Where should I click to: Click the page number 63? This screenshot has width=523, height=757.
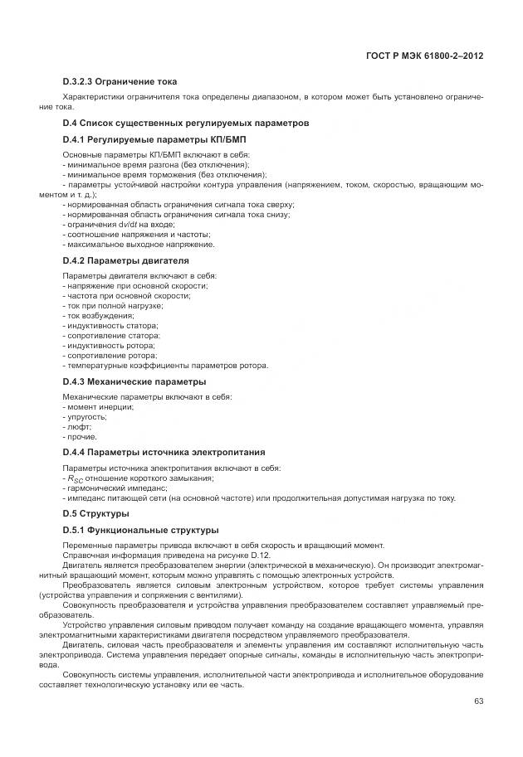(478, 701)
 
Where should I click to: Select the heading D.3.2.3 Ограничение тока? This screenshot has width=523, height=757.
(120, 82)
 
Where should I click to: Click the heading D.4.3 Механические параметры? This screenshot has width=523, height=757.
(134, 381)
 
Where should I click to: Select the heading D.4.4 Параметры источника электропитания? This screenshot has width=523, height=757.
(164, 452)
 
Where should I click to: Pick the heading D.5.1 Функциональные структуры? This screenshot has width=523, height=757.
(140, 530)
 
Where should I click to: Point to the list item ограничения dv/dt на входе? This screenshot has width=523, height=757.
(119, 225)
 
